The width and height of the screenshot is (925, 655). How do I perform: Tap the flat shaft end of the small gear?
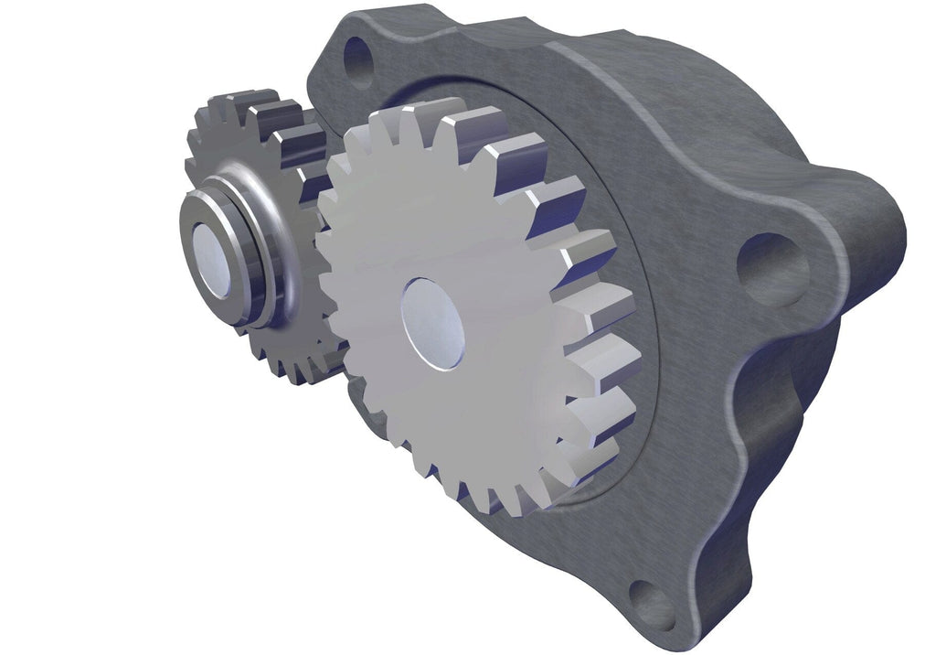(x=213, y=261)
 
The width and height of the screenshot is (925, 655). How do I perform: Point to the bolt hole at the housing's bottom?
(x=653, y=604)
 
